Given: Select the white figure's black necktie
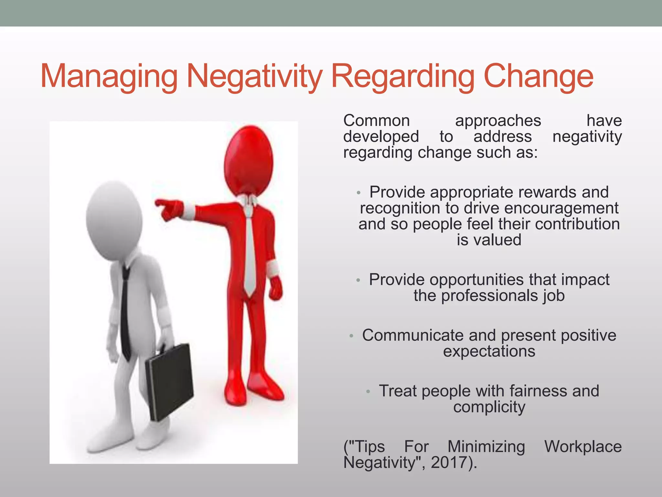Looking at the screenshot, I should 125,311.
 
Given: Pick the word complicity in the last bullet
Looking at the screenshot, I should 489,407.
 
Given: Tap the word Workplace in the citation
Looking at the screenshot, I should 583,447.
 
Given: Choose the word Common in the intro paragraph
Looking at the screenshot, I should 377,121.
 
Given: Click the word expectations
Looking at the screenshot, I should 489,351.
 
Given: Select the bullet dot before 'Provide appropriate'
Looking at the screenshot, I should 358,193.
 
